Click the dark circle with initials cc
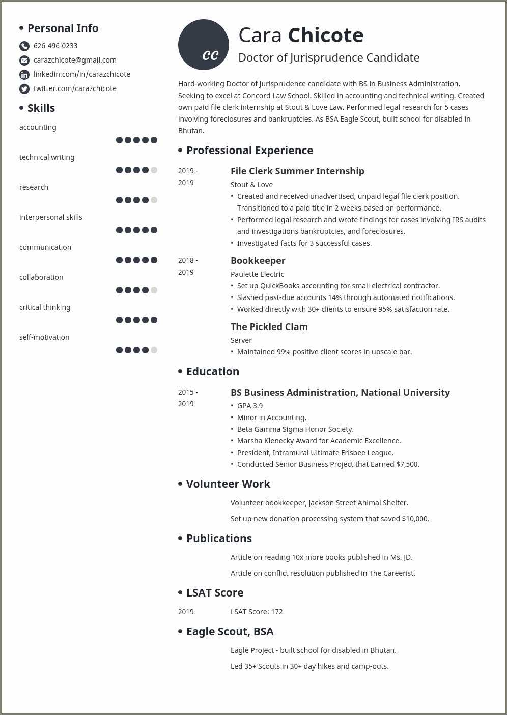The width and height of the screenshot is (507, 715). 204,45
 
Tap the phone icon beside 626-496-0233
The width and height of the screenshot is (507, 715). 24,46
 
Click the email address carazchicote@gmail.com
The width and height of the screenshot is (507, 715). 75,60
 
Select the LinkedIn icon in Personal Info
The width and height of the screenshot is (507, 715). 24,75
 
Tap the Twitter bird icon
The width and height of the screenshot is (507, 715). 24,89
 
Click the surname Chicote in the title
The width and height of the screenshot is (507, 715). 326,36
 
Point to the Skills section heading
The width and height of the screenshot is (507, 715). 41,108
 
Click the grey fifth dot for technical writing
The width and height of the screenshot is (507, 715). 154,170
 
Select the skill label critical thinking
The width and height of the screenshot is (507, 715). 45,307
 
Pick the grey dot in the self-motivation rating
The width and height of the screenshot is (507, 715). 154,350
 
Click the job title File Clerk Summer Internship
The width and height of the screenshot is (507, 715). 297,171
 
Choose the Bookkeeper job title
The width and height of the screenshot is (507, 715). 258,261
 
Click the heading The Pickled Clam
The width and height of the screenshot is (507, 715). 269,327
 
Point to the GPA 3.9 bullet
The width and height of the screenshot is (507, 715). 250,406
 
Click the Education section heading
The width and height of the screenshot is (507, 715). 212,372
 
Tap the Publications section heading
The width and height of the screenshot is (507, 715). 219,539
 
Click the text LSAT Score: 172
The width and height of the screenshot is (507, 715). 257,612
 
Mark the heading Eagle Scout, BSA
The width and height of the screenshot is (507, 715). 230,632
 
